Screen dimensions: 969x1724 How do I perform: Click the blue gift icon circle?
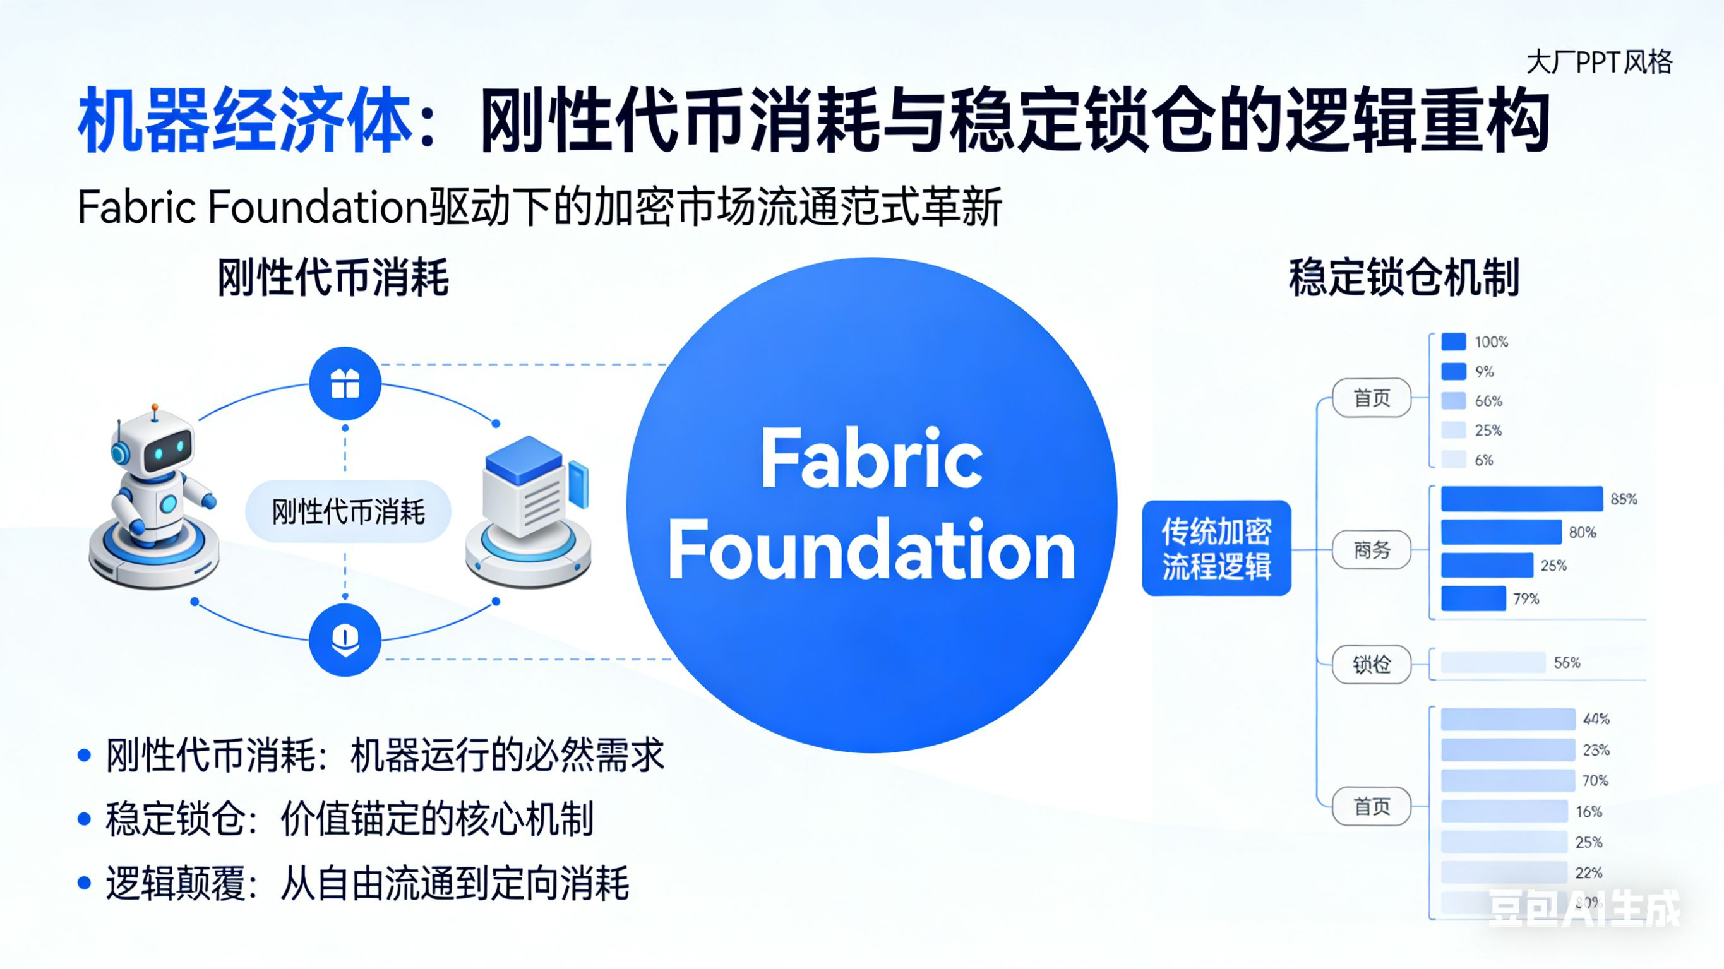point(345,383)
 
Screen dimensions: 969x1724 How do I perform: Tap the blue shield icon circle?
point(345,639)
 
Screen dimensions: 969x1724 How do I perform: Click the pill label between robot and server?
point(348,512)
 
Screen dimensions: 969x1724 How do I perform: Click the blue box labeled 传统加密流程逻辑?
point(1216,548)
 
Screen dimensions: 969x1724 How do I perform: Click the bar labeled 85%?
point(1521,499)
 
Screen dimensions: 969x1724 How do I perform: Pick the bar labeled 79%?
point(1473,598)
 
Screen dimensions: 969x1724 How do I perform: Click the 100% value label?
point(1491,342)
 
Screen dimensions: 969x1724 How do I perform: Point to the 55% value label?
point(1567,662)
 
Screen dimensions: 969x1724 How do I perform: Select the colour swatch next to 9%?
point(1453,371)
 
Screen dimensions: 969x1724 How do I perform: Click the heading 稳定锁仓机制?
point(1403,278)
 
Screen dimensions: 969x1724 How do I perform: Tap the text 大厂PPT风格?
point(1599,63)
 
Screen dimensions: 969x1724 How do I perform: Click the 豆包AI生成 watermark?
point(1584,908)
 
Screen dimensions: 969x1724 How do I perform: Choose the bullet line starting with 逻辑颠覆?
point(367,883)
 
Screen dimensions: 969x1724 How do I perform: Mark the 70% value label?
point(1595,780)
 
